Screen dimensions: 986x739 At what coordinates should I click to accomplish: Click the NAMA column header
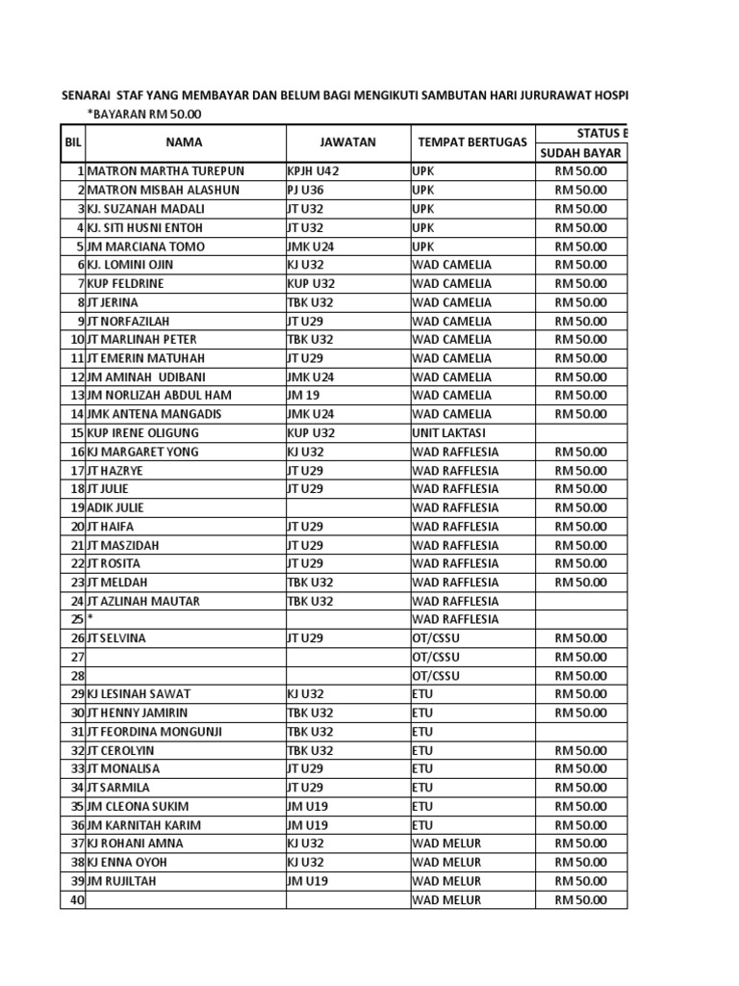pos(184,143)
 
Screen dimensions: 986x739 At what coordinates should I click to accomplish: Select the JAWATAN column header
pos(347,143)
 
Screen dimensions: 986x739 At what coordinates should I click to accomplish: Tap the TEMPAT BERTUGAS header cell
pos(472,143)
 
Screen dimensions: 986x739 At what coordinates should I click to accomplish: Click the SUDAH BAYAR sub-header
pos(581,152)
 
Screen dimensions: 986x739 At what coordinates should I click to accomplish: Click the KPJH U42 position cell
pos(314,171)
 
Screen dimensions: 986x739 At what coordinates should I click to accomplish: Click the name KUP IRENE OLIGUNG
pos(143,432)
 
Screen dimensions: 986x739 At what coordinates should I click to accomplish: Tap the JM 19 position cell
pos(302,396)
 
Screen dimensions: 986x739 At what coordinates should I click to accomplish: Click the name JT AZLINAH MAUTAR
pos(143,601)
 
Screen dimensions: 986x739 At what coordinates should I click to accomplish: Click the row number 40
pos(77,900)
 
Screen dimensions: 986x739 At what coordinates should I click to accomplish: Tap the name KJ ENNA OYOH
pos(129,863)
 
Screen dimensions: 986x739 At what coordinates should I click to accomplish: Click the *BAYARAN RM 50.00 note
pos(144,115)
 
